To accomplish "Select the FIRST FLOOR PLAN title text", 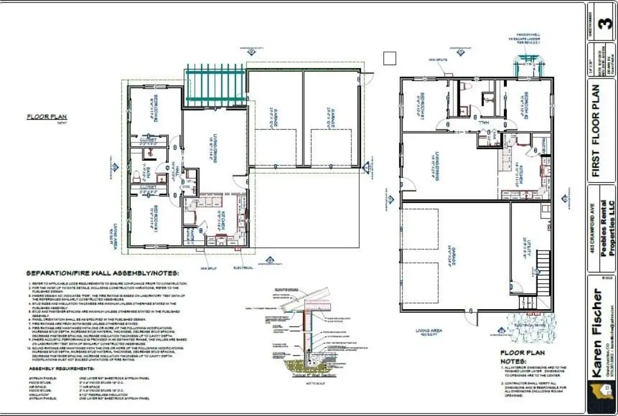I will pyautogui.click(x=597, y=130).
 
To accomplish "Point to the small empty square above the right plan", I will pyautogui.click(x=389, y=58).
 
